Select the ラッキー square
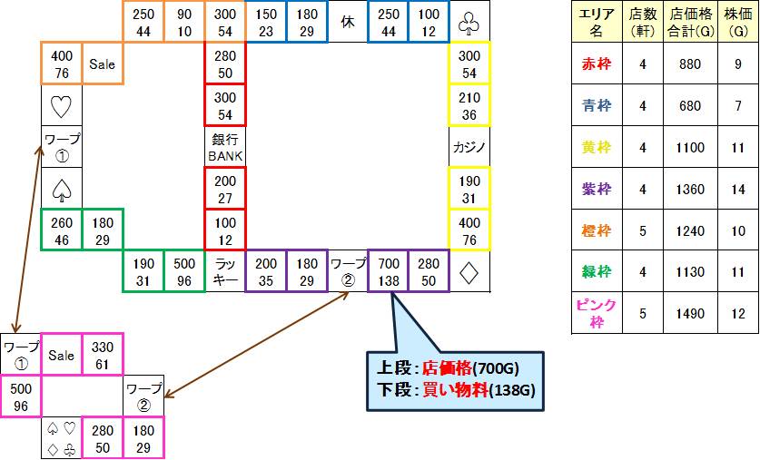225,270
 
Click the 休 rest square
347,22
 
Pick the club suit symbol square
469,22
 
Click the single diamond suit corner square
469,270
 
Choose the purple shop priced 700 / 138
388,270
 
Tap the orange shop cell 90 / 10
184,22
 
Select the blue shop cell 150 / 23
266,22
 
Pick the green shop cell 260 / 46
61,230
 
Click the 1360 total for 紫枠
690,189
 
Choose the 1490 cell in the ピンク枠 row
690,314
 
